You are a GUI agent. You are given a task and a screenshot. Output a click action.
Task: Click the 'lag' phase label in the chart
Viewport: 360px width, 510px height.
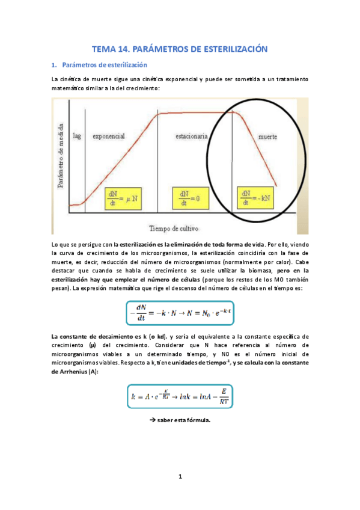click(x=77, y=137)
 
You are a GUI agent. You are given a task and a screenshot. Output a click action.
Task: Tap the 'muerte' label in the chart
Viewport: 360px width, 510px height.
click(x=267, y=137)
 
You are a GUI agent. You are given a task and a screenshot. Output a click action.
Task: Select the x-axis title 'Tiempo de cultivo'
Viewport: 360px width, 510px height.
click(x=173, y=228)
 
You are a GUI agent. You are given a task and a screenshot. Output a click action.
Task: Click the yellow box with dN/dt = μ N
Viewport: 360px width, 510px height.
click(x=122, y=197)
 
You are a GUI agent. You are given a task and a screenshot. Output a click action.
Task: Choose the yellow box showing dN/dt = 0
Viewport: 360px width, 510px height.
click(x=189, y=197)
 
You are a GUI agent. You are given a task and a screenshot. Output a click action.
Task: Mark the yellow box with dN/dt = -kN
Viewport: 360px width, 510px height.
click(x=255, y=197)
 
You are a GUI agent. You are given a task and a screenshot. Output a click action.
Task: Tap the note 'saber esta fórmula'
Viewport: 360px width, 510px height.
click(x=183, y=420)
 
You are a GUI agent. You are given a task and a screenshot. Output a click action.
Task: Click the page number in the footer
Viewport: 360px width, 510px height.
click(x=180, y=477)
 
